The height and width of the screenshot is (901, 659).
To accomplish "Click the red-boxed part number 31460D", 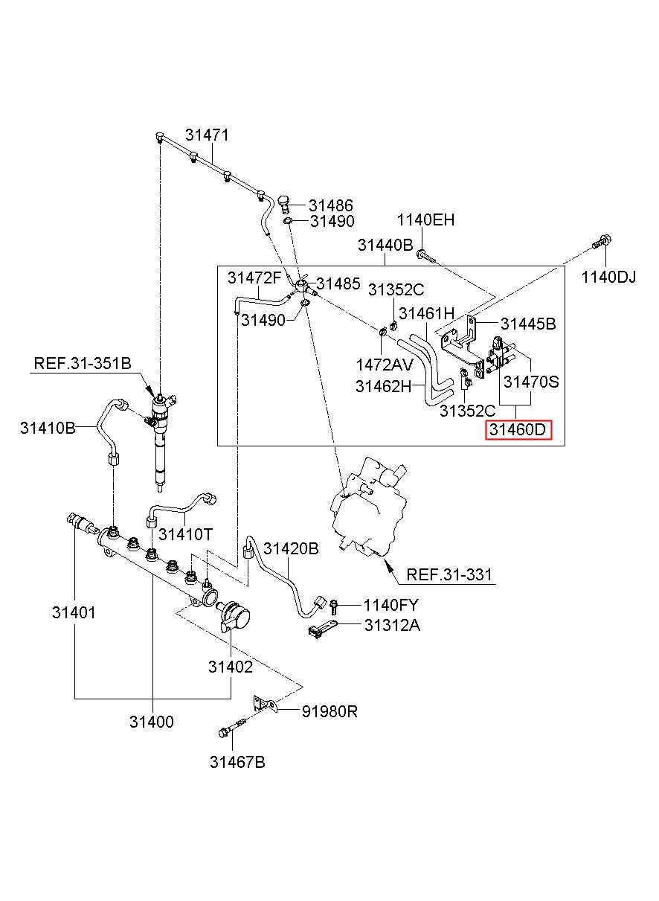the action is [518, 430].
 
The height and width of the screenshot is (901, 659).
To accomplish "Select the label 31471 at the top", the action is [207, 135].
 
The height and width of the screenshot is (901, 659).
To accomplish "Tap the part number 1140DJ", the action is [608, 277].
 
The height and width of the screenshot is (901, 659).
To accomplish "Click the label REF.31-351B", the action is [83, 363].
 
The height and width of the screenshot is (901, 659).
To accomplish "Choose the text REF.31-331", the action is [449, 574].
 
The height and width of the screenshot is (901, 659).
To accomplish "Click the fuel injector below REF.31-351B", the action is [161, 443].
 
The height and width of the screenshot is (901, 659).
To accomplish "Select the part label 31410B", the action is [48, 428].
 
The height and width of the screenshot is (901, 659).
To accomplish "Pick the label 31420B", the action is [291, 548].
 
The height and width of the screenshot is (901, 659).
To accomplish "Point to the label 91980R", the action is [329, 711].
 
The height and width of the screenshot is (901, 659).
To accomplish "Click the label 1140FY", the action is [390, 605].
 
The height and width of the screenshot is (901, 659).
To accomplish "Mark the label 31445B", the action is [528, 324].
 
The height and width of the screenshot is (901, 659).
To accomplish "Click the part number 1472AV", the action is [385, 365].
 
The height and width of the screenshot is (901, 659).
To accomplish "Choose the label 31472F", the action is [254, 278].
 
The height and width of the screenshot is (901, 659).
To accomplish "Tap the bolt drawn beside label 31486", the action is [284, 205].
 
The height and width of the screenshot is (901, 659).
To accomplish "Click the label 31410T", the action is [185, 534].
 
